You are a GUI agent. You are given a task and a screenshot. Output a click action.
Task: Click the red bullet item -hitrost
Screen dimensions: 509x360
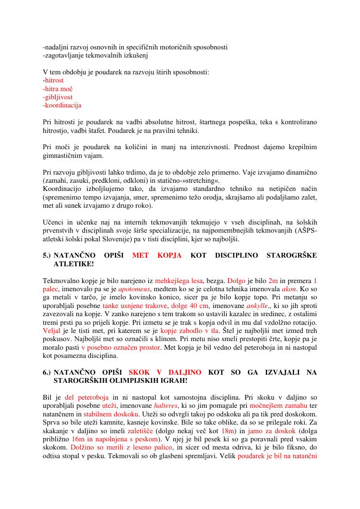(x=53, y=81)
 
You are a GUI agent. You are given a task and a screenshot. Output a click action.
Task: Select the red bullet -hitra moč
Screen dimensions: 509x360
(x=58, y=89)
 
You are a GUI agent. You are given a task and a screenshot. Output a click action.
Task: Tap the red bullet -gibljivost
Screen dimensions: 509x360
(x=58, y=97)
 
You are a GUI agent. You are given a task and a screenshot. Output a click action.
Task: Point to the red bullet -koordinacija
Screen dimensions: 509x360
(x=62, y=105)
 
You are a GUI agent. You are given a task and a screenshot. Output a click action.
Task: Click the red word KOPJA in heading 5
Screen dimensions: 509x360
(x=169, y=255)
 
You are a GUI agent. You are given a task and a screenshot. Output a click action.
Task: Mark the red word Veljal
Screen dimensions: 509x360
(x=52, y=331)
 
